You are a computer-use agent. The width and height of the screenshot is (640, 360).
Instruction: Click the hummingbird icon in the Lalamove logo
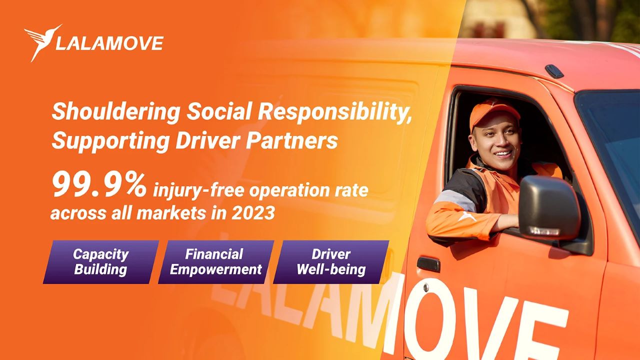click(x=43, y=42)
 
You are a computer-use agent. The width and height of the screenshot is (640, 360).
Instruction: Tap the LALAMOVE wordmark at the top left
click(x=109, y=43)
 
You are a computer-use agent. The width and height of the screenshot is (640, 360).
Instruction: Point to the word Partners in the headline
click(x=291, y=141)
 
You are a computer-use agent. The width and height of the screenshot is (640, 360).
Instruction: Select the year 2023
click(x=253, y=213)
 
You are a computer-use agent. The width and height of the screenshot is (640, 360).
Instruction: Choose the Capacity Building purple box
click(x=101, y=262)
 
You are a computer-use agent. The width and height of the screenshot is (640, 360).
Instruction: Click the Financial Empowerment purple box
click(x=216, y=262)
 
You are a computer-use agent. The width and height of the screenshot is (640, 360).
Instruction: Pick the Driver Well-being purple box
click(x=331, y=262)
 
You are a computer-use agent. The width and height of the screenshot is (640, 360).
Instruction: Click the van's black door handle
click(x=428, y=264)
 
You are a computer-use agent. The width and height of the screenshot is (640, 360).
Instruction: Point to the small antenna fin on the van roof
click(x=554, y=71)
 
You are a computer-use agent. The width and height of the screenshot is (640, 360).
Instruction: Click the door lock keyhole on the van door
click(x=425, y=287)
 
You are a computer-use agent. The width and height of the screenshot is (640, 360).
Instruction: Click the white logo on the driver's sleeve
click(x=467, y=216)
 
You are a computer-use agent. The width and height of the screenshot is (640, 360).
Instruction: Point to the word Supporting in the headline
click(x=110, y=141)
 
